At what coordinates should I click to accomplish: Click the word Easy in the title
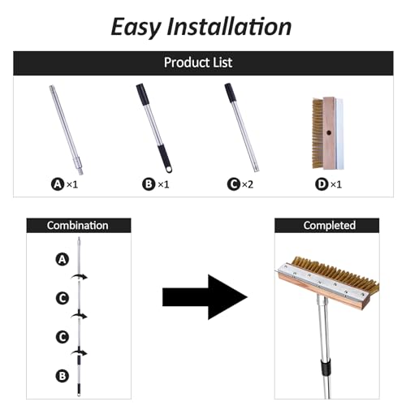[136, 28]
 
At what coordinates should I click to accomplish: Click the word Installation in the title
[229, 26]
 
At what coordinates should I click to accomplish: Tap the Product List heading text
[198, 63]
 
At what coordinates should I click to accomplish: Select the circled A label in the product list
[58, 184]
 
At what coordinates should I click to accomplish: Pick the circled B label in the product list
[149, 184]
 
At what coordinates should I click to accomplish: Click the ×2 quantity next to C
[248, 184]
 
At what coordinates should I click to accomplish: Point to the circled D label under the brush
[322, 184]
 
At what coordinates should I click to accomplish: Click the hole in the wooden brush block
[329, 132]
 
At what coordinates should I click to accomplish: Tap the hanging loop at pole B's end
[169, 170]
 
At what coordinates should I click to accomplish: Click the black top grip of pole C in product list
[230, 93]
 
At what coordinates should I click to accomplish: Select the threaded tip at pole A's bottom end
[80, 171]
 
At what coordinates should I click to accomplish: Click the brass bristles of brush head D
[317, 133]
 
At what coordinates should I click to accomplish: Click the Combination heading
[77, 226]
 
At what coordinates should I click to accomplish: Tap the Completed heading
[330, 225]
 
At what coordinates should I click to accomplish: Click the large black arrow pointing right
[205, 297]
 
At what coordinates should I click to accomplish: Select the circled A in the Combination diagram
[63, 259]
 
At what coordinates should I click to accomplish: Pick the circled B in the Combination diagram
[63, 376]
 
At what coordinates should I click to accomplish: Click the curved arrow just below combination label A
[80, 277]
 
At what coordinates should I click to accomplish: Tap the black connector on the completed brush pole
[326, 367]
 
